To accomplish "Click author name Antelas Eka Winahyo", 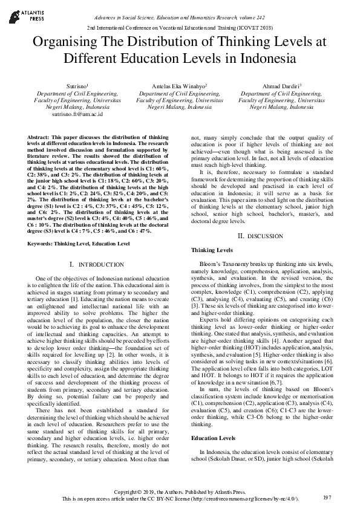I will point(179,88).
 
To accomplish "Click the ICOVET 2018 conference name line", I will point(180,28).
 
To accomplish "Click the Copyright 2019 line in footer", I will point(180,491).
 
